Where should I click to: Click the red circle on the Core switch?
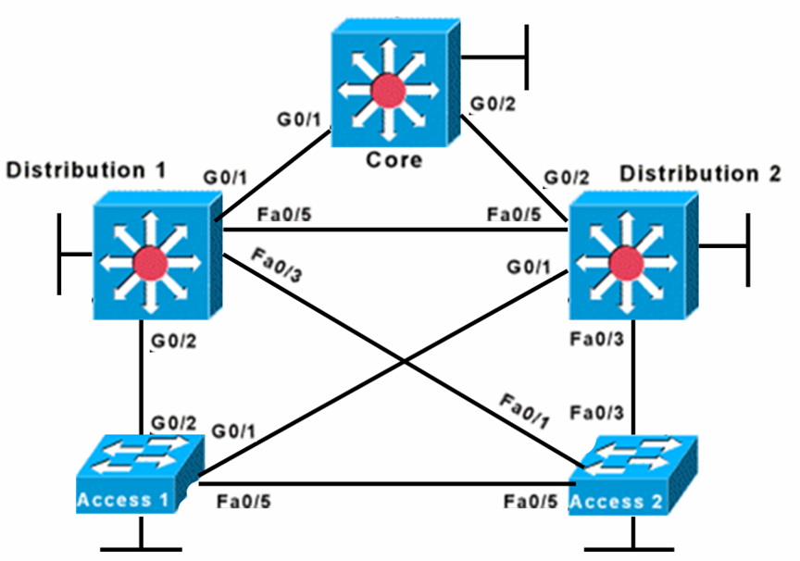(x=382, y=92)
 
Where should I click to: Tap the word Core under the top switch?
(x=394, y=159)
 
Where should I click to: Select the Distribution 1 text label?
(x=86, y=170)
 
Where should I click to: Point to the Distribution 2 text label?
(x=701, y=174)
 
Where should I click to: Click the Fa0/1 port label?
(x=524, y=412)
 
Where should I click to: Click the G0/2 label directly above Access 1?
(x=173, y=423)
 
